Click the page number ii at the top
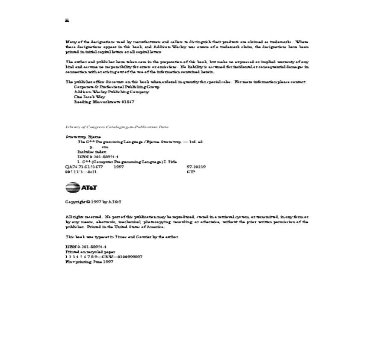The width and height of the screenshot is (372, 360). [x=67, y=21]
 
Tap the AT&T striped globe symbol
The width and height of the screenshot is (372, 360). [x=73, y=188]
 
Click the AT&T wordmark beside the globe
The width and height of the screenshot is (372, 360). [x=89, y=188]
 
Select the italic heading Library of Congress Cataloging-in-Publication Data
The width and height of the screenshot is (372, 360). [x=117, y=127]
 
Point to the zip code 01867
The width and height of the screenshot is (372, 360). [x=128, y=102]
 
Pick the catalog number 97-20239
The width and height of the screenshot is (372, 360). [x=196, y=167]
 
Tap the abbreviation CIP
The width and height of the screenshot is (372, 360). [x=191, y=172]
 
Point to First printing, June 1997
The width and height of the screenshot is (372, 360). [x=89, y=262]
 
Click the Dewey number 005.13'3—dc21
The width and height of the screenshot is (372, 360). [x=81, y=172]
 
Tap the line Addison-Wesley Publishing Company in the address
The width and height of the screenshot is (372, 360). [x=112, y=92]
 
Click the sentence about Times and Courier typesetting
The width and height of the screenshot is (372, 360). [x=122, y=237]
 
